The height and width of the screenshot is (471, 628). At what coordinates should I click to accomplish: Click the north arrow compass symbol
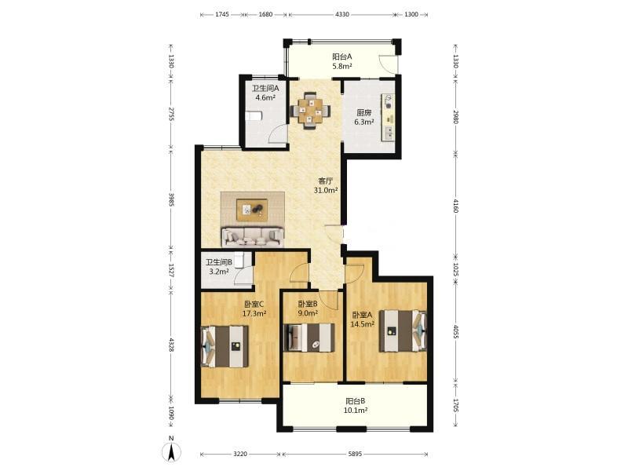click(x=171, y=452)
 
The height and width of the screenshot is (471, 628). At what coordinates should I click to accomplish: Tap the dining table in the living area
click(x=311, y=110)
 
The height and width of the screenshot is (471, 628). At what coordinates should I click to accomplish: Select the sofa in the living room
click(x=253, y=237)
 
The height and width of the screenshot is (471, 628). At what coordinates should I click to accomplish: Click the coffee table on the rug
click(x=252, y=210)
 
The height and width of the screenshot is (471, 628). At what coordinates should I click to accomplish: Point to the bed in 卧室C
click(x=225, y=346)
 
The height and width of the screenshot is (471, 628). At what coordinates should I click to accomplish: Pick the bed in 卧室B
click(x=309, y=338)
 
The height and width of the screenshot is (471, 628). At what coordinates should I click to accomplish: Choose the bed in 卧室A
click(x=403, y=331)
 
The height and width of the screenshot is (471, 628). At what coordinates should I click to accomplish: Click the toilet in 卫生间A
click(x=253, y=115)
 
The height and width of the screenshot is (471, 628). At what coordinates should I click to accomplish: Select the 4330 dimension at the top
click(x=341, y=14)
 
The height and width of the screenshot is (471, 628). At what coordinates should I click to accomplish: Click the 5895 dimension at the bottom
click(x=355, y=454)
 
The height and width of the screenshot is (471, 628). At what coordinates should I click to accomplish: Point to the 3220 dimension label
click(x=240, y=454)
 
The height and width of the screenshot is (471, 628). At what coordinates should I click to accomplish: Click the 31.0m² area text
click(x=326, y=191)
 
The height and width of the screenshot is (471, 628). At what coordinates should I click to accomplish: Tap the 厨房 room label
click(x=364, y=113)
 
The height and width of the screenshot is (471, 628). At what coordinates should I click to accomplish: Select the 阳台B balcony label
click(x=356, y=401)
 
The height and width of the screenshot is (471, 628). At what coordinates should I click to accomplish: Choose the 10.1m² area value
click(x=356, y=410)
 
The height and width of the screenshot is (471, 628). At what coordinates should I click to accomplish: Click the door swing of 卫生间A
click(x=277, y=133)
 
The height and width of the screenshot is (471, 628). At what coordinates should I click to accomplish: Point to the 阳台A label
click(x=342, y=57)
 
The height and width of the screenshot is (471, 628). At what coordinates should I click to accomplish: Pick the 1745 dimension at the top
click(x=222, y=14)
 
